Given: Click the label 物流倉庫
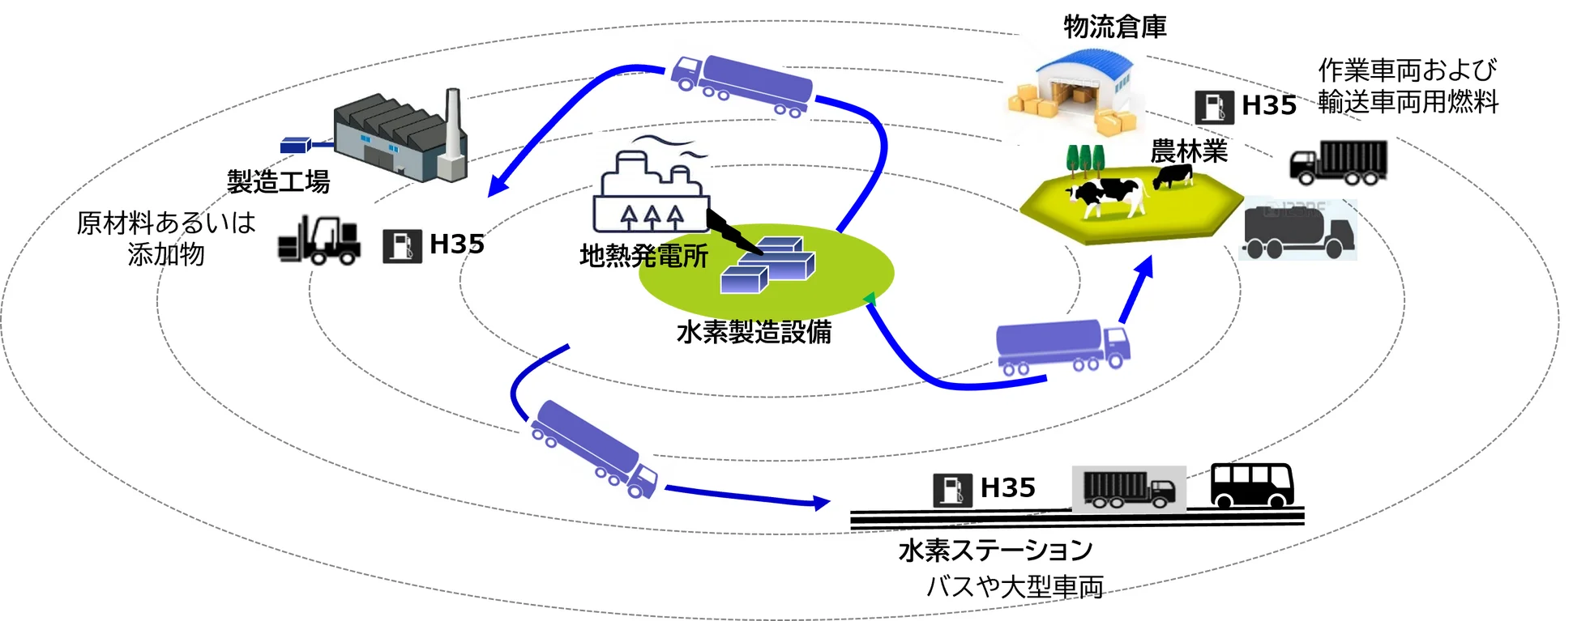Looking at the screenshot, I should [1114, 28].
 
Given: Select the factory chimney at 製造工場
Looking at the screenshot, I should [451, 134].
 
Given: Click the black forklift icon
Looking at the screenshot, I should [318, 240].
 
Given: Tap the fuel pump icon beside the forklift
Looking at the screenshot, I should [402, 246].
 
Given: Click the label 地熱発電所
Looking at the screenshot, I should [643, 257].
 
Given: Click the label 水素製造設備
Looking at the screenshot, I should [754, 332].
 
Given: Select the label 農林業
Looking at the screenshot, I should [1189, 151].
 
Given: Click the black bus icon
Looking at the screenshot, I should [1251, 484].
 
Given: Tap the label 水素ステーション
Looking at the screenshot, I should [995, 551].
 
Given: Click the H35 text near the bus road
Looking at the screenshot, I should [1007, 487].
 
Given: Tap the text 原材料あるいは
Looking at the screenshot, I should [166, 223].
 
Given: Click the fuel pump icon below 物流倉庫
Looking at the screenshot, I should [1214, 106].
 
